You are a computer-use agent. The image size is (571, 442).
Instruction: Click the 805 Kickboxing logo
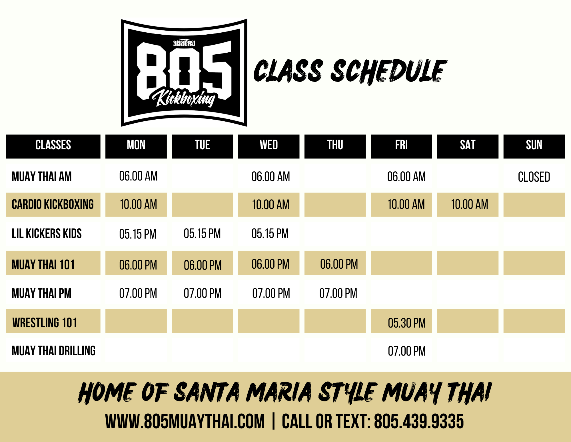pos(184,73)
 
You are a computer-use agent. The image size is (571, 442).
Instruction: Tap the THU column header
pos(335,146)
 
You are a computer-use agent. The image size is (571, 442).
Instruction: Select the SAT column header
pos(468,146)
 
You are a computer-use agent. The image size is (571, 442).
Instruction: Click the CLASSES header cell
pos(53,146)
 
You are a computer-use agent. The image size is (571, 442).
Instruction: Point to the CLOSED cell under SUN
pos(534,177)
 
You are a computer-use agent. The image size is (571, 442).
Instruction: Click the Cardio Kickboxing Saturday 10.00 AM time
pos(469,204)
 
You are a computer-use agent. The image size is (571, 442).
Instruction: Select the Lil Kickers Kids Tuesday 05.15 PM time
pos(202,233)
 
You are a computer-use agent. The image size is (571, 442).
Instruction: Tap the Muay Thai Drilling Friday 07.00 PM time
pos(407,351)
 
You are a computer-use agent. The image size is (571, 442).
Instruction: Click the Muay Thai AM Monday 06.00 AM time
pos(138,176)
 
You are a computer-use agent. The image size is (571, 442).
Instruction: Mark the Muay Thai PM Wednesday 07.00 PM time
pos(271,293)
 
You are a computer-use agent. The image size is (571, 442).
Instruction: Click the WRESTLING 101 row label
pos(45,323)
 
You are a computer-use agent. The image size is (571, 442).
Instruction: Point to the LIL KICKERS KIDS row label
pos(47,233)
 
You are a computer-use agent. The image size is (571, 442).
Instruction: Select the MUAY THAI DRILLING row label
pos(54,351)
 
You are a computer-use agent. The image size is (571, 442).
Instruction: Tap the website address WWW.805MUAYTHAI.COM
pos(185,421)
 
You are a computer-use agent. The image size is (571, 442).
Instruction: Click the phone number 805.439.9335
pos(419,421)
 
